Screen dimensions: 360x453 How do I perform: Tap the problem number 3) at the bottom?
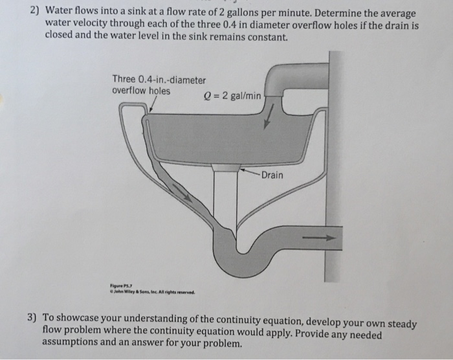pos(33,319)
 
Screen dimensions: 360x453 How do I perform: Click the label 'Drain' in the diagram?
pos(272,175)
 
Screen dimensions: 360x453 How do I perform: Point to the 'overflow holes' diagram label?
pos(141,91)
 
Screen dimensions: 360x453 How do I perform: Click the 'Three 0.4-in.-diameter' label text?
pos(159,80)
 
